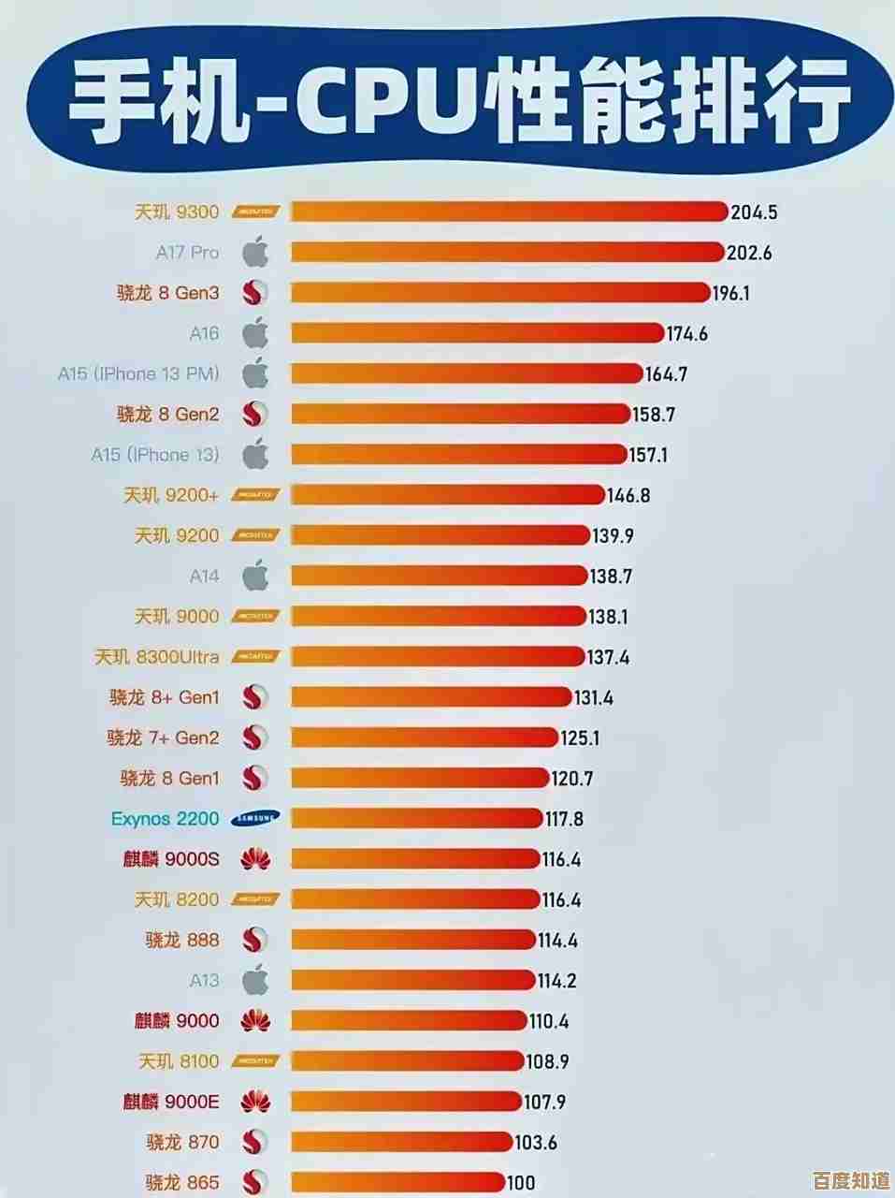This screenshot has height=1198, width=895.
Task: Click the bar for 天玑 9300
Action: point(509,212)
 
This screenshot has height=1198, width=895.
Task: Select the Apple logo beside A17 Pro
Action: point(255,252)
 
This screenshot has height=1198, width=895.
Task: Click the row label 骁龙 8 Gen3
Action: point(168,293)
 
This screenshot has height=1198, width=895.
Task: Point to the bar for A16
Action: point(477,333)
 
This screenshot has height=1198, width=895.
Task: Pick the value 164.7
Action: point(666,374)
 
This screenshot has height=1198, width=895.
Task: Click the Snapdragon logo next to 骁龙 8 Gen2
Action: point(255,414)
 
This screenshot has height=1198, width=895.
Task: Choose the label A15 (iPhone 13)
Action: point(155,455)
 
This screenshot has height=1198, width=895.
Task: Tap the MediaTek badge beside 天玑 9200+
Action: point(255,495)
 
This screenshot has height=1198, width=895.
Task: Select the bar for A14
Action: point(440,576)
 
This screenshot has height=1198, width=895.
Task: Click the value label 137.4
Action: point(608,658)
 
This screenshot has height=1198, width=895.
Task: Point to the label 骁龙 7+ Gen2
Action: point(164,738)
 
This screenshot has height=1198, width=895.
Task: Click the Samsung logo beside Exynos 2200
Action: point(255,819)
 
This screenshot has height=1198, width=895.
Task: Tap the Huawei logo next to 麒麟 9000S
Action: point(255,859)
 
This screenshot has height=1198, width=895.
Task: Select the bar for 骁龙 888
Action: point(413,940)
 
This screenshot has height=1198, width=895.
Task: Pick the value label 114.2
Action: point(556,981)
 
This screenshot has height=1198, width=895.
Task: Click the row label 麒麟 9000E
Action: point(171,1102)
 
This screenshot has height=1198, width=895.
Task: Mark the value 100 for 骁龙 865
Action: point(522,1183)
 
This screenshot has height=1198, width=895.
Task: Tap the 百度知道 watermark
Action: point(850,1178)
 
